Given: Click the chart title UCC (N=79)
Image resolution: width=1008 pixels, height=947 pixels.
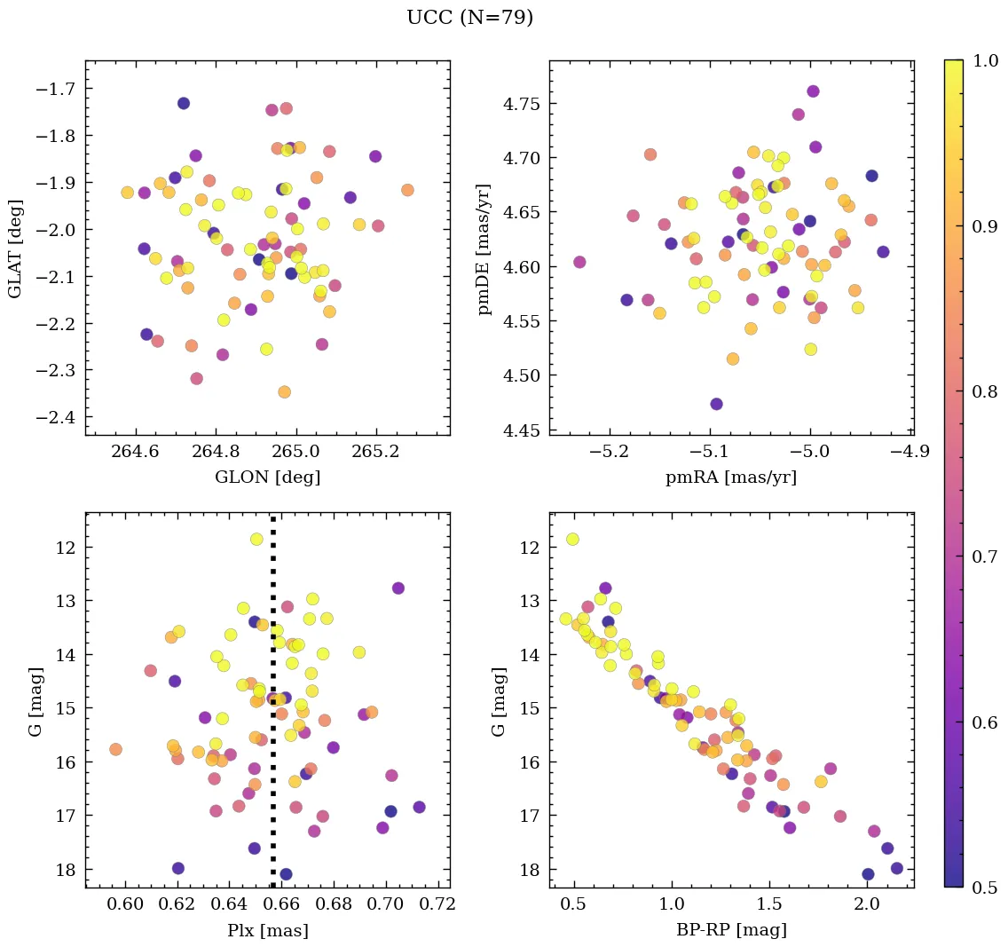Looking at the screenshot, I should (469, 18).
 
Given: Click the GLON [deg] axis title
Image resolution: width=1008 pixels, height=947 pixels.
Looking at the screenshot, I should (267, 477).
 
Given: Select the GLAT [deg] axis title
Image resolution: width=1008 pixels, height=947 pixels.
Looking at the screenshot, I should (15, 248).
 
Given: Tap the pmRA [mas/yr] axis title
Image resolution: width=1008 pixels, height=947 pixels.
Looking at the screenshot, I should (731, 477).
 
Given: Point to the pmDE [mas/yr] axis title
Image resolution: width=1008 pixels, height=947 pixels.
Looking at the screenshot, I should (484, 248).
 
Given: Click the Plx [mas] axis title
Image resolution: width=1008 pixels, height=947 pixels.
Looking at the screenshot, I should (267, 931).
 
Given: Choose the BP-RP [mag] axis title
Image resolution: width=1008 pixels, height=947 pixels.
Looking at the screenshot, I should (731, 931).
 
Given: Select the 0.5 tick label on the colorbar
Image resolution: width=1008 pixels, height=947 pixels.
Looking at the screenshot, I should (987, 888).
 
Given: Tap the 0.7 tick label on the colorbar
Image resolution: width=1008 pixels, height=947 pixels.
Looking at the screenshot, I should (987, 556).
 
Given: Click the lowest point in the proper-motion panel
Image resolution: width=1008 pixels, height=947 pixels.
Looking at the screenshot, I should (716, 404).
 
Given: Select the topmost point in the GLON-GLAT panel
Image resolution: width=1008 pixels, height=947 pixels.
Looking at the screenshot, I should (184, 103).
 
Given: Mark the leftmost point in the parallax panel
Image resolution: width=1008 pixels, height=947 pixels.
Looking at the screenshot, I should (115, 749).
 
